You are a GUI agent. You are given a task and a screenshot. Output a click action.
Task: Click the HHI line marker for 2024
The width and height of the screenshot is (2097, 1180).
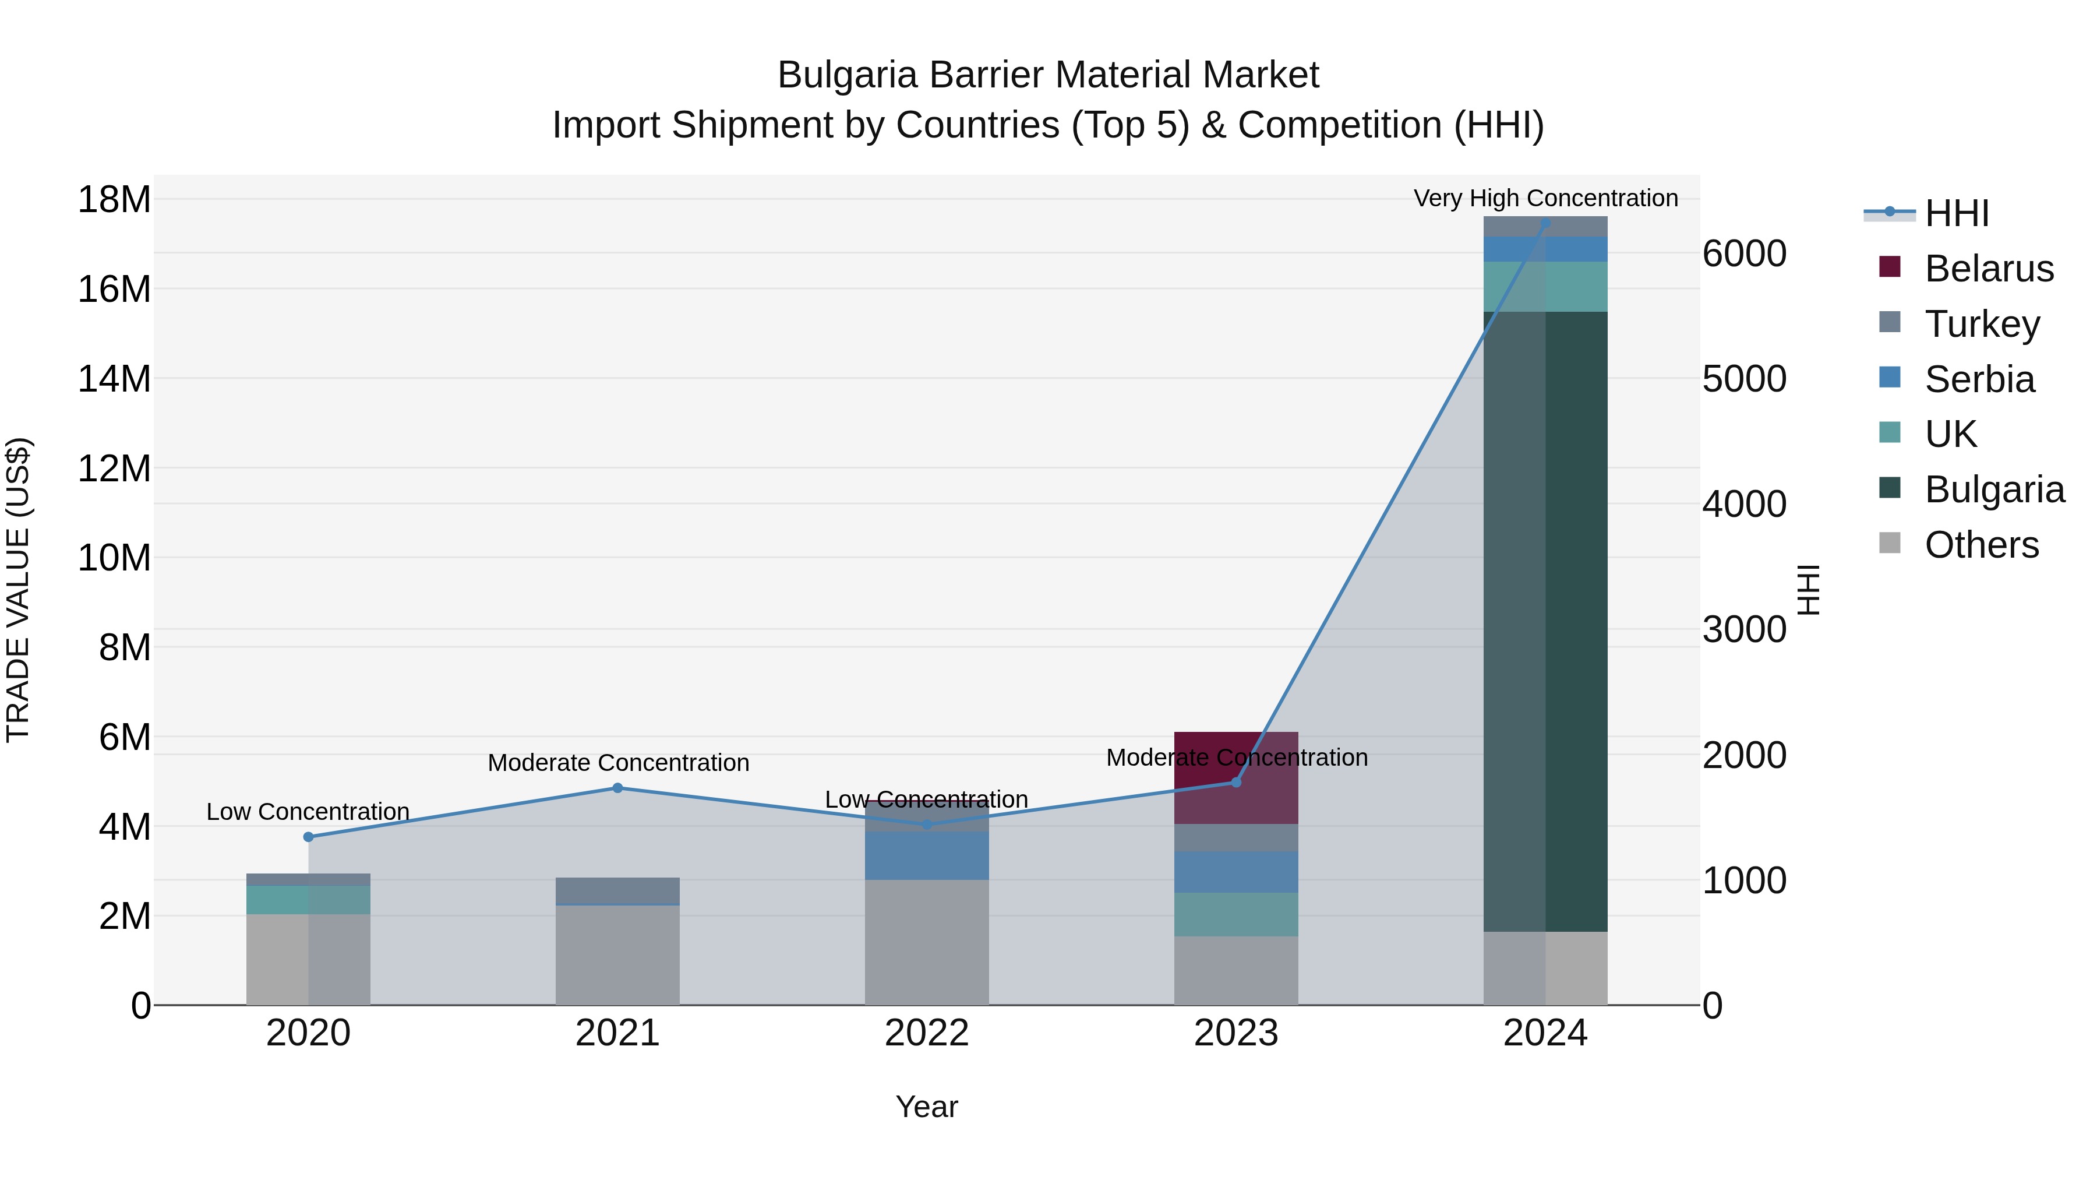tap(1545, 223)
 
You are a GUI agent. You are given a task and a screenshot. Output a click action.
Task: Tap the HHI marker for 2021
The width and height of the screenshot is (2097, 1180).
tap(617, 787)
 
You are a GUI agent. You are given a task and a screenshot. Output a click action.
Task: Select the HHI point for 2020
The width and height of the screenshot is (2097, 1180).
tap(308, 836)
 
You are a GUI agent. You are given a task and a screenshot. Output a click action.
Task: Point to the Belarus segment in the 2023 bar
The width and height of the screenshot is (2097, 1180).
tap(1235, 778)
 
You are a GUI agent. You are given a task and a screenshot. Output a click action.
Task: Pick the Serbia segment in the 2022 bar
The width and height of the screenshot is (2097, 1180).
tap(926, 855)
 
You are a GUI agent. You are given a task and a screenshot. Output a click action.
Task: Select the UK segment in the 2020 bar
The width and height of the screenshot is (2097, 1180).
tap(308, 899)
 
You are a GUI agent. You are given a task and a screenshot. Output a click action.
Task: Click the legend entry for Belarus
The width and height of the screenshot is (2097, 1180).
tap(1988, 269)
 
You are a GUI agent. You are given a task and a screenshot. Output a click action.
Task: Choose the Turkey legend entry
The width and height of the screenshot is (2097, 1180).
tap(1982, 324)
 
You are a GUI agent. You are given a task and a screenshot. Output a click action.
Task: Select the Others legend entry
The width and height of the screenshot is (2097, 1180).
tap(1980, 545)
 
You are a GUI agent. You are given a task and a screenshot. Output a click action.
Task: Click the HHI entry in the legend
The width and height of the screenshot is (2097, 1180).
tap(1956, 213)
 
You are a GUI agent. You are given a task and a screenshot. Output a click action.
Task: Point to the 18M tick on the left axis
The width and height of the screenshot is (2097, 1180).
tap(114, 199)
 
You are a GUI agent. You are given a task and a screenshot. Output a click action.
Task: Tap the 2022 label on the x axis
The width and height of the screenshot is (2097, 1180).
tap(926, 1033)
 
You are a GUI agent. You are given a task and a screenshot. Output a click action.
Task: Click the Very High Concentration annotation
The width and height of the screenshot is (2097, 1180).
tap(1545, 198)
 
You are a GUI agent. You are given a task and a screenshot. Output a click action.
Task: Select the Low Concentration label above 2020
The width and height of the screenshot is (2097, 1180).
tap(308, 811)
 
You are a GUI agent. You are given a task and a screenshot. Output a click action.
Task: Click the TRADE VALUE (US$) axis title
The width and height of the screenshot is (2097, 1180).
tap(18, 590)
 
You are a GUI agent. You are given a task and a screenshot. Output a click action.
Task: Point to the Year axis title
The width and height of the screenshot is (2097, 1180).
tap(926, 1107)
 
